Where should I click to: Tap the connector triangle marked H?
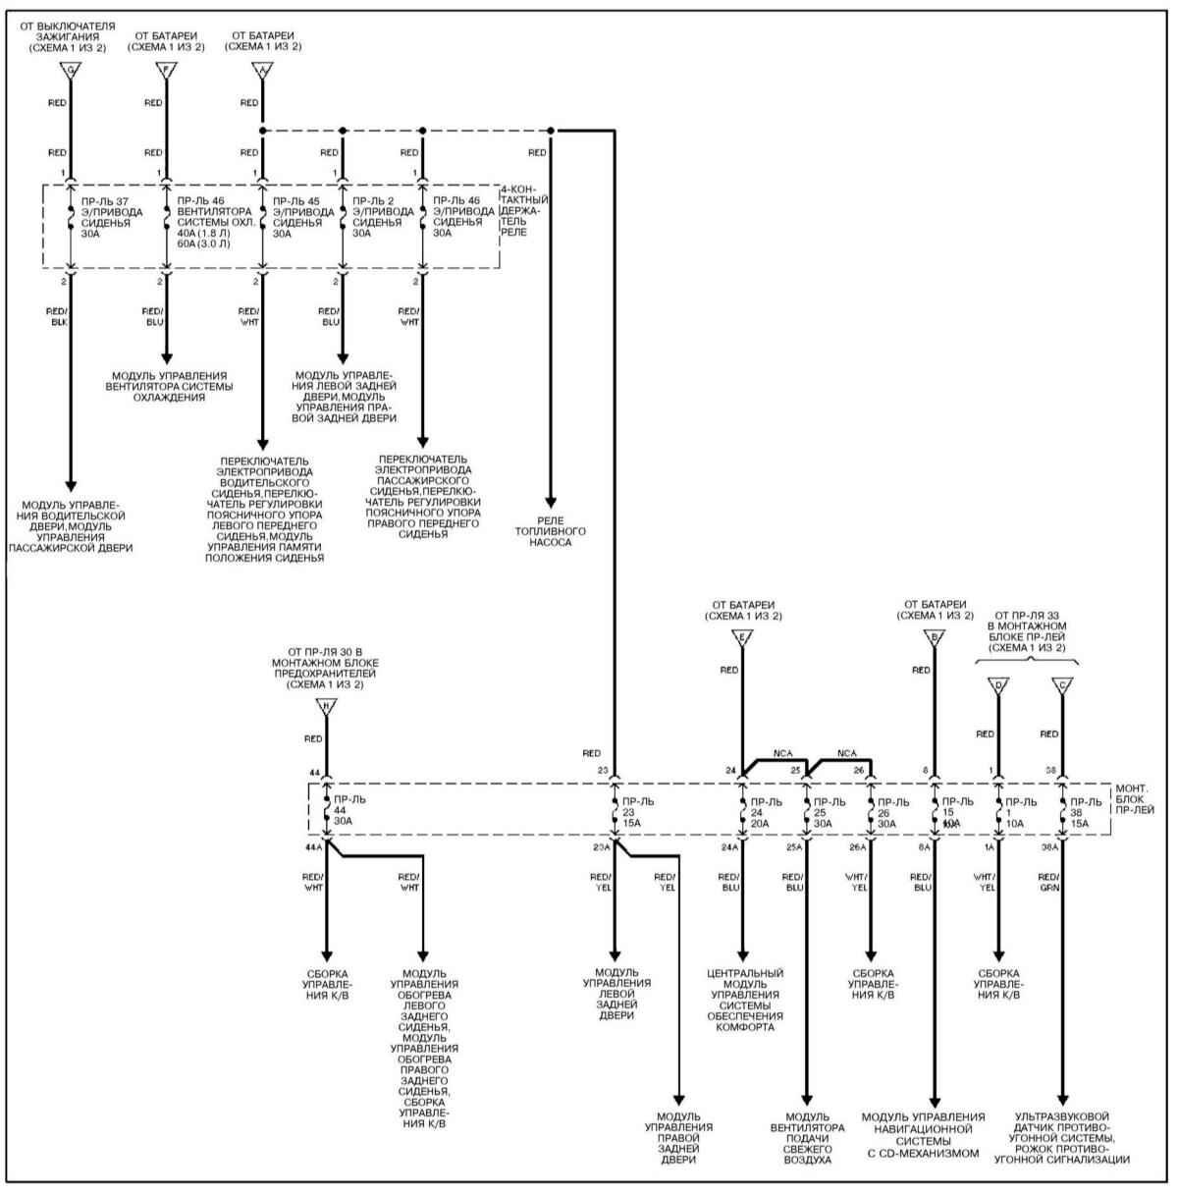click(x=326, y=706)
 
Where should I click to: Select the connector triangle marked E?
click(x=742, y=637)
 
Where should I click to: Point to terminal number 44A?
click(x=314, y=845)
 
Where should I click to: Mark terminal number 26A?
click(x=858, y=845)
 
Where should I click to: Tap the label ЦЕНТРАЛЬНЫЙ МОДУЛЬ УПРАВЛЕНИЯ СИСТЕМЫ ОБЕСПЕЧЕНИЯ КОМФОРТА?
click(x=745, y=1000)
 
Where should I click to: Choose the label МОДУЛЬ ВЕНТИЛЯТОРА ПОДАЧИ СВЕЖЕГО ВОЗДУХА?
click(x=807, y=1138)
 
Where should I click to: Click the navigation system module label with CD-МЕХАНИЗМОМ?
click(x=923, y=1135)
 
